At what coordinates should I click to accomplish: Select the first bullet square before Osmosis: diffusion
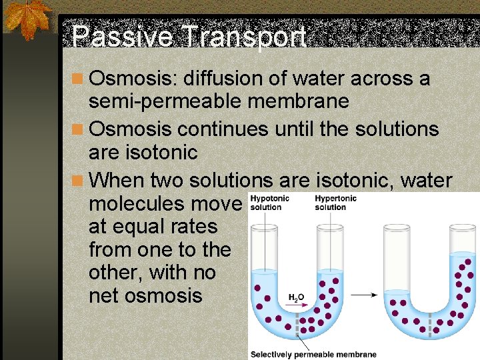click(x=78, y=79)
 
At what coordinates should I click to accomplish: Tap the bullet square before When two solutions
click(x=78, y=181)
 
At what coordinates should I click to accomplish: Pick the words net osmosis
click(x=145, y=295)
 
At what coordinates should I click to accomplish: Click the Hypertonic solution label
click(x=335, y=203)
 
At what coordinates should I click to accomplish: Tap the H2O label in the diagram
click(x=296, y=297)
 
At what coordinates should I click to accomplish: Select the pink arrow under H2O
click(x=298, y=305)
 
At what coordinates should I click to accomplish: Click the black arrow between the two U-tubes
click(x=363, y=293)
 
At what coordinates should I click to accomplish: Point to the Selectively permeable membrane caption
click(x=313, y=355)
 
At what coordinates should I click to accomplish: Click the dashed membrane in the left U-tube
click(x=298, y=324)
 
